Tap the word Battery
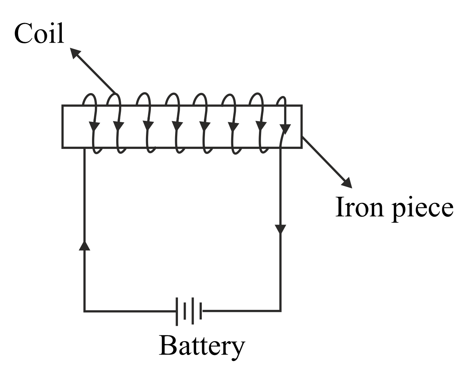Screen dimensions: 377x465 click(x=201, y=345)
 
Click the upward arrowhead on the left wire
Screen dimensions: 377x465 click(x=84, y=245)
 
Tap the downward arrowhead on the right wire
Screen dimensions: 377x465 click(x=281, y=229)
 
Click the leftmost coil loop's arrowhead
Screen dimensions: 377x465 click(x=94, y=126)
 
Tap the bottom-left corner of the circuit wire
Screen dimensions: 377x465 click(x=85, y=311)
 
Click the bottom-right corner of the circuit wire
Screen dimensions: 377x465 click(x=281, y=311)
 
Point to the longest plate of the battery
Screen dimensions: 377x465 click(x=177, y=311)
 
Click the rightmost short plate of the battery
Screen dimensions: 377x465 click(x=201, y=311)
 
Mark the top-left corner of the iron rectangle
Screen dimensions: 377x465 click(x=63, y=106)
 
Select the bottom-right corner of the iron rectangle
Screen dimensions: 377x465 click(x=302, y=147)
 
